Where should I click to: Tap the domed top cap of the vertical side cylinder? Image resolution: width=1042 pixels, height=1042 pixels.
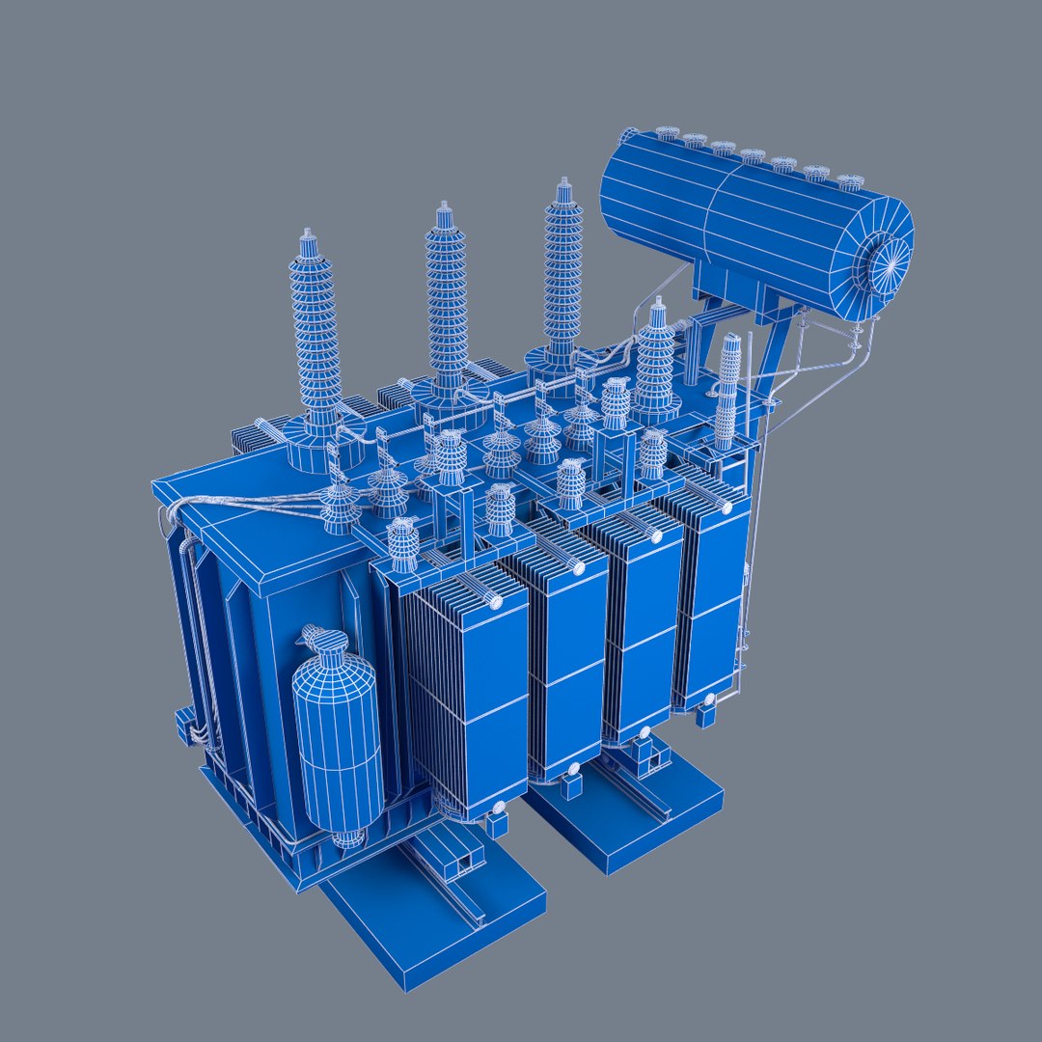click(x=326, y=642)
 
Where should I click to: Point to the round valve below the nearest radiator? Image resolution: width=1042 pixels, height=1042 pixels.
click(x=499, y=809)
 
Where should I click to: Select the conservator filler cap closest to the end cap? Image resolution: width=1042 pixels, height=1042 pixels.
click(x=849, y=181)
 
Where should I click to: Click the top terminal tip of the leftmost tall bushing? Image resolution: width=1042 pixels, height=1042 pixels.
click(x=308, y=233)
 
